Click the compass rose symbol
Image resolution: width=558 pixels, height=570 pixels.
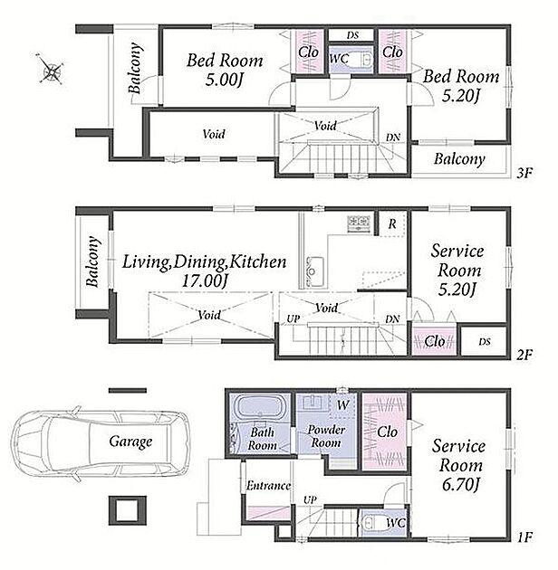coord(50,69)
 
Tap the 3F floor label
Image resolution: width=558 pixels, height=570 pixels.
coord(524,174)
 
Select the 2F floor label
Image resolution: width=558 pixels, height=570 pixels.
coord(524,355)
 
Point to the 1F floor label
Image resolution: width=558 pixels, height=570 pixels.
coord(524,537)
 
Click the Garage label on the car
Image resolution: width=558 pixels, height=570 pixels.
coord(130,442)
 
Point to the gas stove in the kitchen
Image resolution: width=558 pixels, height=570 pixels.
coord(359,223)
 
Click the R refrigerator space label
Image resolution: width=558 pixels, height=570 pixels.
coord(392,224)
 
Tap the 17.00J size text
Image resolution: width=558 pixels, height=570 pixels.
coord(205,281)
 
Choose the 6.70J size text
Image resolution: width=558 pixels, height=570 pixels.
coord(461,485)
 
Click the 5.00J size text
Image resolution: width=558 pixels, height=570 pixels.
coord(224,80)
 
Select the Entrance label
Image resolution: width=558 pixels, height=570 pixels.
coord(268,486)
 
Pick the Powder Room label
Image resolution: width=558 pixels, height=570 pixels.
coord(326,436)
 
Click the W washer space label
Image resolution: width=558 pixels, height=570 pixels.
coord(343,404)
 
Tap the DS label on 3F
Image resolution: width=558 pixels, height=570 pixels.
coord(352,35)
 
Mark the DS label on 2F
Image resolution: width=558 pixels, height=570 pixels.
coord(485,342)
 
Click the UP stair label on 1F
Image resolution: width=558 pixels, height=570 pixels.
coord(310,500)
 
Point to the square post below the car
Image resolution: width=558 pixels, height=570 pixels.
coord(128,510)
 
